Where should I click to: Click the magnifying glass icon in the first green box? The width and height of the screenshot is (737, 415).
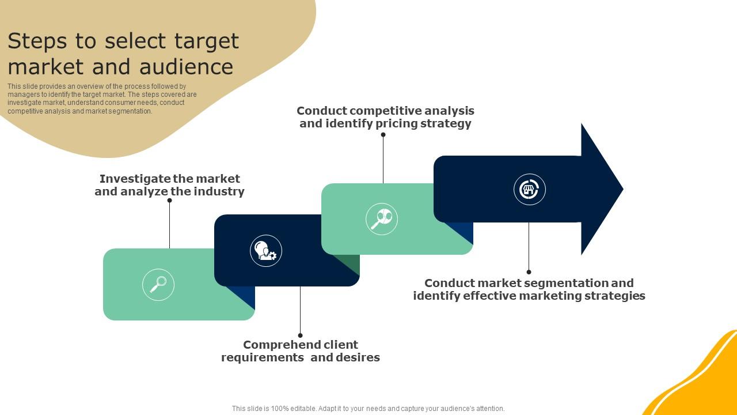pyautogui.click(x=158, y=284)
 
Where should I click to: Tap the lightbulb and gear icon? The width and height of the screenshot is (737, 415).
pyautogui.click(x=266, y=251)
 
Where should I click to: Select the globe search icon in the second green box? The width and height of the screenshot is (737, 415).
pyautogui.click(x=382, y=219)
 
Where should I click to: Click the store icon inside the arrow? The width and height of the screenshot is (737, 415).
pyautogui.click(x=529, y=189)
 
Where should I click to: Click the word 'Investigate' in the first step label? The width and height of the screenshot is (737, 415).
pyautogui.click(x=135, y=179)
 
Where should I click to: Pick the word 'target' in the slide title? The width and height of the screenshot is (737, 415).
pyautogui.click(x=206, y=41)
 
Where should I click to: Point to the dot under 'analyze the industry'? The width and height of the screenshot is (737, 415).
pyautogui.click(x=170, y=201)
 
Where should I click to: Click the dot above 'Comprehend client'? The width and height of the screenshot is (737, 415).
pyautogui.click(x=300, y=335)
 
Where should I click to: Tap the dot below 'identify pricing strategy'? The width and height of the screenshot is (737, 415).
pyautogui.click(x=383, y=135)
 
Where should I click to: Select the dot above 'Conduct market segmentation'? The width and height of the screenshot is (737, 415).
pyautogui.click(x=529, y=271)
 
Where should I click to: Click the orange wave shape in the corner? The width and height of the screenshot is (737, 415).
pyautogui.click(x=702, y=380)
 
